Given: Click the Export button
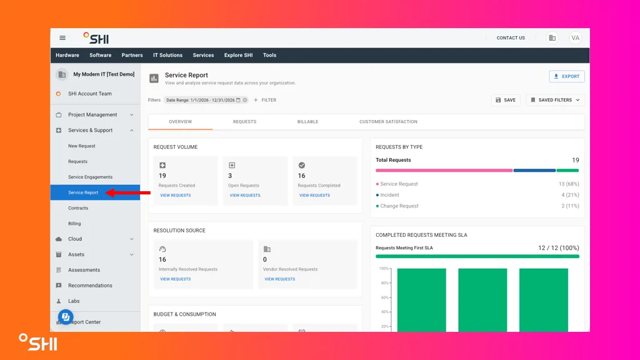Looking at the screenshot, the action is tap(566, 76).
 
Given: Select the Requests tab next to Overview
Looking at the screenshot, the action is tap(244, 122).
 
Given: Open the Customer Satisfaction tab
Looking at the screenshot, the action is tap(388, 122).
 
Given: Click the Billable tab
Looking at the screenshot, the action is tap(307, 122).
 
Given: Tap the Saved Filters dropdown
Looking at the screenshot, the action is tap(555, 100).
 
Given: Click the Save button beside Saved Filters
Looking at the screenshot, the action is tap(506, 100).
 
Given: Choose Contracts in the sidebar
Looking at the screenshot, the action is tap(78, 207).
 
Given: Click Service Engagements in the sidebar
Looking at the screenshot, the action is tap(90, 177).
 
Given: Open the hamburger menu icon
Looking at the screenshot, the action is tap(62, 38).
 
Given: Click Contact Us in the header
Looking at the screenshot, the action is tap(511, 38).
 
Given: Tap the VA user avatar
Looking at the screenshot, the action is tap(575, 38).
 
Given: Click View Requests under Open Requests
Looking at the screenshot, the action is tap(245, 196).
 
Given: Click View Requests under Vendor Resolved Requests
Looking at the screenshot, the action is tap(279, 279).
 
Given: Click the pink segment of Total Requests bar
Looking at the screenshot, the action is tap(444, 170).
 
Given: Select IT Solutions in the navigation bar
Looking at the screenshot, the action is tap(167, 55).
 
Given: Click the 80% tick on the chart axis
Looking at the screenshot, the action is tap(384, 283).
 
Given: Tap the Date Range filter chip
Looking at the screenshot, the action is tap(206, 100).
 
